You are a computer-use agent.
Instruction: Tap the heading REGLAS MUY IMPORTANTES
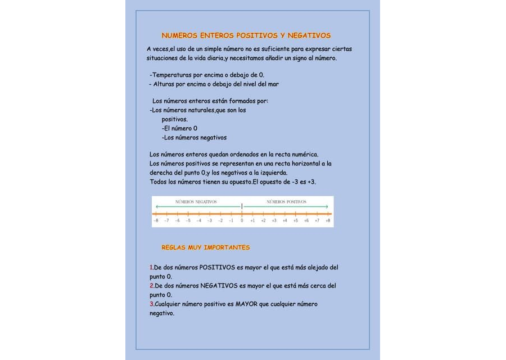(x=206, y=247)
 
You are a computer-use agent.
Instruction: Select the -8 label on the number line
(x=156, y=221)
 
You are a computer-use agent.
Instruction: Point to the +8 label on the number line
(x=327, y=221)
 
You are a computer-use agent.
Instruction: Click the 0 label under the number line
(x=242, y=221)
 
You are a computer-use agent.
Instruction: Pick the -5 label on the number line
(x=188, y=221)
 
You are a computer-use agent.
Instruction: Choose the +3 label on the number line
(x=274, y=221)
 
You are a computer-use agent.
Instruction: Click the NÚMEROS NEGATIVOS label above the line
(x=196, y=201)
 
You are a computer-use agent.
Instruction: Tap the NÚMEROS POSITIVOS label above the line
(x=286, y=201)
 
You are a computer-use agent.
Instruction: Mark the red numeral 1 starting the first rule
(x=151, y=267)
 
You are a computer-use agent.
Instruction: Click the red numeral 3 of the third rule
(x=151, y=304)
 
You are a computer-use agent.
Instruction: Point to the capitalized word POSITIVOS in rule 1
(x=217, y=267)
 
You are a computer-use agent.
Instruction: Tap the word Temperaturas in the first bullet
(x=171, y=75)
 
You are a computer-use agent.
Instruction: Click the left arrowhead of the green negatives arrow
(x=157, y=207)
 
